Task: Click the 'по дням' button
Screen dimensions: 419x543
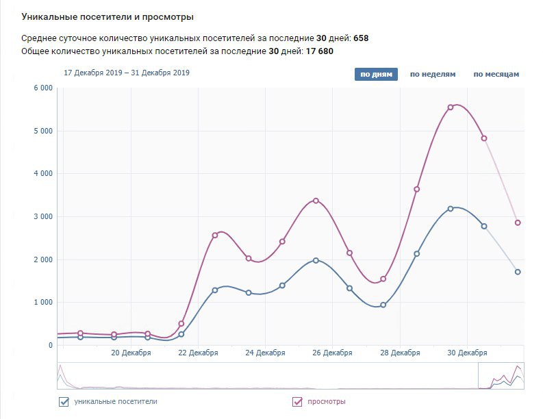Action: (x=376, y=74)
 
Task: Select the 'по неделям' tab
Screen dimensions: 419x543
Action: (x=432, y=74)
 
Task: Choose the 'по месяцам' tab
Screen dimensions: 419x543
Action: (x=496, y=74)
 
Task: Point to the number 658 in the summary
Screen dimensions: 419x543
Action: (x=361, y=38)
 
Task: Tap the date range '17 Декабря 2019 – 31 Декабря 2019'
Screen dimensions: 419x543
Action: (x=127, y=73)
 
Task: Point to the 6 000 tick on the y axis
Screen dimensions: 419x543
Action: (x=42, y=88)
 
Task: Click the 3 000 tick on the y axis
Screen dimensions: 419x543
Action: (x=42, y=217)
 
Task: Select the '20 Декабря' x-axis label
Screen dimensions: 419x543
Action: (x=131, y=353)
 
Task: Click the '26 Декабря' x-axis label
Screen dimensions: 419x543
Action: (x=333, y=353)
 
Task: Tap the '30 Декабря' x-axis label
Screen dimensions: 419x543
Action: (x=468, y=353)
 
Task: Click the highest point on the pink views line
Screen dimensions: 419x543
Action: (x=451, y=107)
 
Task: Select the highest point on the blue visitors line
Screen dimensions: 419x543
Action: (x=451, y=208)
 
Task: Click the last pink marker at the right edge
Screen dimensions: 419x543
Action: (x=518, y=223)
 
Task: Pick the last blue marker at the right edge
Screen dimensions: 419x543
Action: (x=518, y=272)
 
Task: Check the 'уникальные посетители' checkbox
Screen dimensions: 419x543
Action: (x=64, y=402)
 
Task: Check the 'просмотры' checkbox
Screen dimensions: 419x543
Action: (x=297, y=402)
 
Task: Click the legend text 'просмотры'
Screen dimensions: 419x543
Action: (x=326, y=402)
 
